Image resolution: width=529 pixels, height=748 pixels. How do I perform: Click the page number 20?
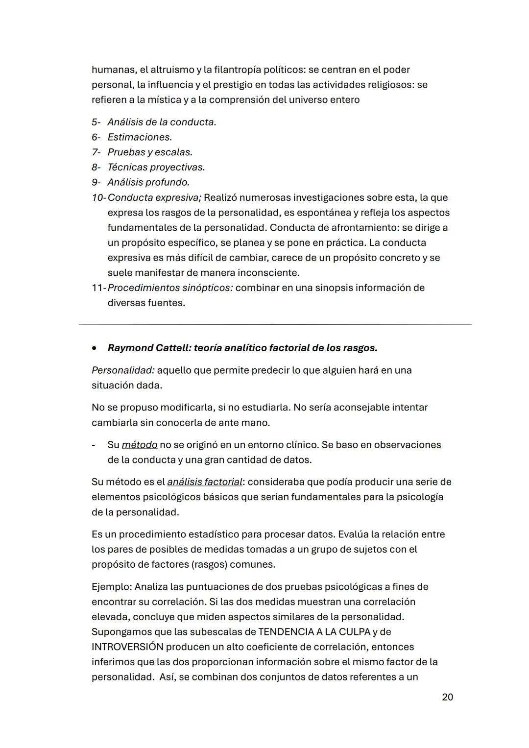pyautogui.click(x=447, y=697)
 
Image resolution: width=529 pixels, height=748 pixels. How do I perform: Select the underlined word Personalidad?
pyautogui.click(x=123, y=370)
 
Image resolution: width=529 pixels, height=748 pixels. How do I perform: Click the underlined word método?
pyautogui.click(x=139, y=445)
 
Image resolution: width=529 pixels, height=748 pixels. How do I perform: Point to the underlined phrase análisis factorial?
pyautogui.click(x=205, y=482)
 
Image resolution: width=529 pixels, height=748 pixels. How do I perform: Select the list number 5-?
pyautogui.click(x=96, y=122)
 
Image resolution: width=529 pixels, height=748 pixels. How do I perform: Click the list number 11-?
pyautogui.click(x=98, y=288)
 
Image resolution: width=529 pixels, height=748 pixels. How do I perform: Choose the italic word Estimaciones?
pyautogui.click(x=139, y=137)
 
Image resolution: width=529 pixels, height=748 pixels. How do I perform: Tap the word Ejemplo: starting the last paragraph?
pyautogui.click(x=111, y=587)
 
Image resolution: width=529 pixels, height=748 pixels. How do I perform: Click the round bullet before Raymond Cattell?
pyautogui.click(x=94, y=348)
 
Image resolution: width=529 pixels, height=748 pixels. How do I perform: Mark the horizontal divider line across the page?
pyautogui.click(x=275, y=324)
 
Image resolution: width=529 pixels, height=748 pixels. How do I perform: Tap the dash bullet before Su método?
pyautogui.click(x=93, y=445)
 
